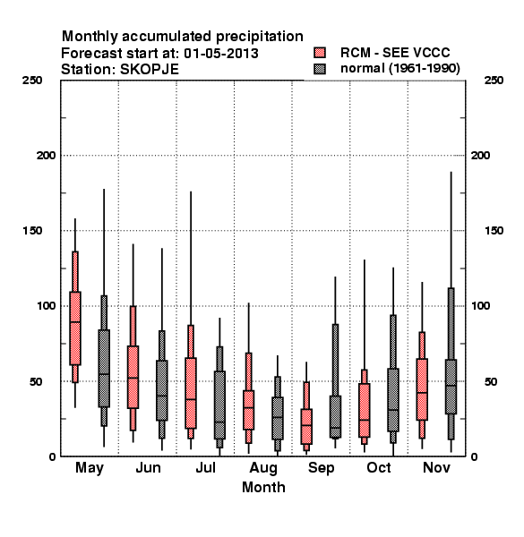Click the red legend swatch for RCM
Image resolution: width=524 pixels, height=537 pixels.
[320, 53]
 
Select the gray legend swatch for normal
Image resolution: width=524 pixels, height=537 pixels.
[320, 69]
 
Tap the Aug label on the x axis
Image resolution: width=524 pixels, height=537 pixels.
[263, 468]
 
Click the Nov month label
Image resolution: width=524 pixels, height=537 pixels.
[436, 467]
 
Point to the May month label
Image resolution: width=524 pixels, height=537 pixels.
[90, 468]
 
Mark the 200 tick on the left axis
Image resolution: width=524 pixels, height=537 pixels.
[46, 156]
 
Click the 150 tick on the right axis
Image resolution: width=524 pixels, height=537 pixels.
[494, 231]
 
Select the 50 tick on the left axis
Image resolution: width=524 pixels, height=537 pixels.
[37, 381]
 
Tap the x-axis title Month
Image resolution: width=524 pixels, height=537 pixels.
[263, 488]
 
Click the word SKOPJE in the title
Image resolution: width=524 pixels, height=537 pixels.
[150, 70]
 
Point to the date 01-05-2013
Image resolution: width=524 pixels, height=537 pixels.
[221, 54]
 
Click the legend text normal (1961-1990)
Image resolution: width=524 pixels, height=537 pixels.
[400, 69]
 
